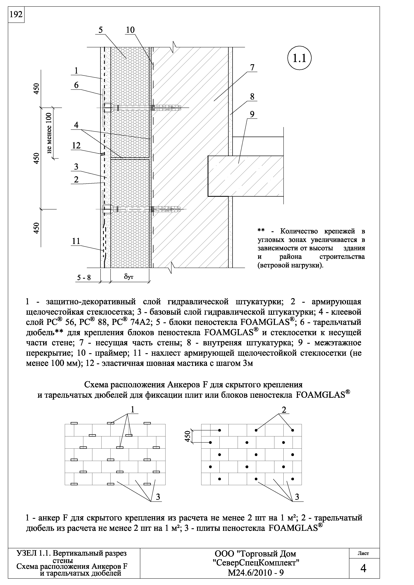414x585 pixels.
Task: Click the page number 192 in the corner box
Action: (16, 15)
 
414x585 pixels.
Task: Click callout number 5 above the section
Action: (101, 30)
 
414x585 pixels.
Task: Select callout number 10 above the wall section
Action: (130, 30)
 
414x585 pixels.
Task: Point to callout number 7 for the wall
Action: (252, 68)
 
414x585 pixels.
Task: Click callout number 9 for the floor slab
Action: (252, 114)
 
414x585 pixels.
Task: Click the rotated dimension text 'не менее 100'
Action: (49, 133)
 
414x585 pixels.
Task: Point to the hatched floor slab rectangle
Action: (245, 176)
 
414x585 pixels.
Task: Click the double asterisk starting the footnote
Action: (261, 231)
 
